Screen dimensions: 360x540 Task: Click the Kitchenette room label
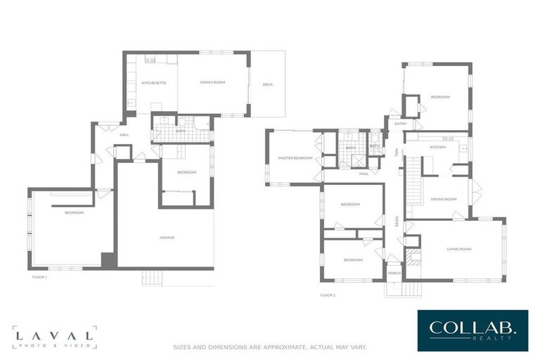click(x=154, y=83)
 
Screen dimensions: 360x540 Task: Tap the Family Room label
click(x=212, y=82)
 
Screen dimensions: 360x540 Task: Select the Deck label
click(x=267, y=84)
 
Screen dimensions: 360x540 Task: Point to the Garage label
click(x=167, y=237)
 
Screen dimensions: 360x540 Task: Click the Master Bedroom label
click(x=295, y=158)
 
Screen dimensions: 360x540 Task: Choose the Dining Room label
click(x=444, y=199)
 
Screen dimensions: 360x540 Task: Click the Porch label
click(x=394, y=273)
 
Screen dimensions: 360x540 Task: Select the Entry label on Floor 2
click(x=401, y=124)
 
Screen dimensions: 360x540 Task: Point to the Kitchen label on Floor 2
click(x=438, y=147)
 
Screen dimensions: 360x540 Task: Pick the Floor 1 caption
click(x=39, y=277)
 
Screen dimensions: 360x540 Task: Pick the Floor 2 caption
click(x=328, y=295)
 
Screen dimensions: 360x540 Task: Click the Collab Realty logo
click(x=472, y=330)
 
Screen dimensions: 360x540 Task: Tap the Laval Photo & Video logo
click(x=54, y=337)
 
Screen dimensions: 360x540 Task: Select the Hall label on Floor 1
click(x=124, y=135)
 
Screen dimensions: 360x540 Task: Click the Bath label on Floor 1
click(x=181, y=131)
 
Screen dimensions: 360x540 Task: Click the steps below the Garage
click(x=152, y=278)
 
